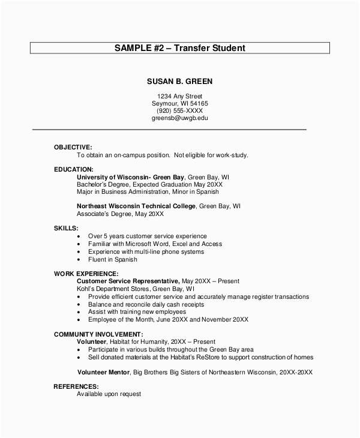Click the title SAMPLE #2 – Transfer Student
pos(180,47)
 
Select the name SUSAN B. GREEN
pos(180,81)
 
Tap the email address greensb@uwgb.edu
pos(180,118)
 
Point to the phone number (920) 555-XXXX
pos(180,111)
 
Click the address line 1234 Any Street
pos(180,96)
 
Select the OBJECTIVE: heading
pos(73,147)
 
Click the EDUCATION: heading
pos(74,170)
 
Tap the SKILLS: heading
pos(66,229)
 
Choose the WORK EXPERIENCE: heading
pos(86,274)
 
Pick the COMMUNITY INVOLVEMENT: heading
pos(98,334)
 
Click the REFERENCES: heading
pos(76,387)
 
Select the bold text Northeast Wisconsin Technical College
pos(136,206)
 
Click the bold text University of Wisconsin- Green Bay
pos(131,178)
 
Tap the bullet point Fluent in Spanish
pos(113,260)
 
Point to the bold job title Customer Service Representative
pos(128,281)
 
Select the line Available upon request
pos(109,395)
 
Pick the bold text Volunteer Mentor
pos(103,373)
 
